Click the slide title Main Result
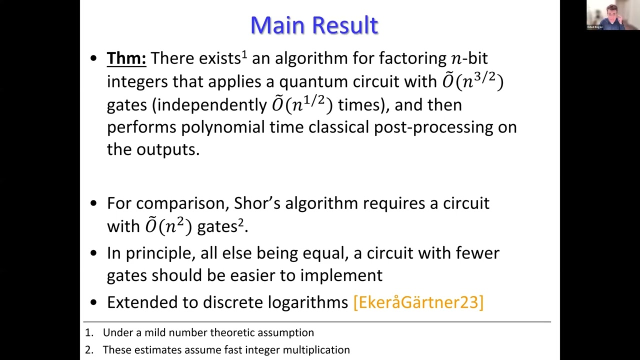click(314, 25)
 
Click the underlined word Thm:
click(126, 58)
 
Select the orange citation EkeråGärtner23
click(418, 302)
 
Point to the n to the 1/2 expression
click(302, 104)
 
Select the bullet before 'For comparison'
click(94, 203)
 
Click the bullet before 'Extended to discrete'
click(94, 302)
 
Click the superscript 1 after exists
click(244, 53)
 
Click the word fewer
click(477, 253)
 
